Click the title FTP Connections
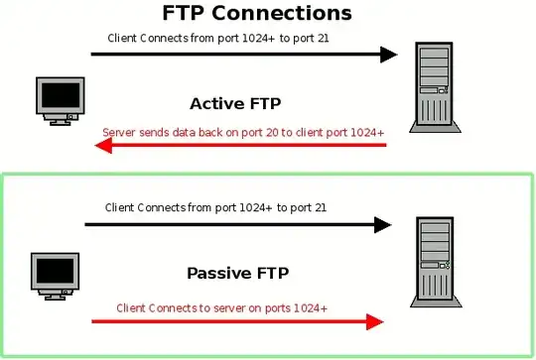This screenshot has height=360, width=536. point(256,14)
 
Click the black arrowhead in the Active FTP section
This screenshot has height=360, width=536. point(387,55)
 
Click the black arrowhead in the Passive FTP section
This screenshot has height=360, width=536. point(381,225)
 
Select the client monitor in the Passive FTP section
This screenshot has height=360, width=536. point(55,277)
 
